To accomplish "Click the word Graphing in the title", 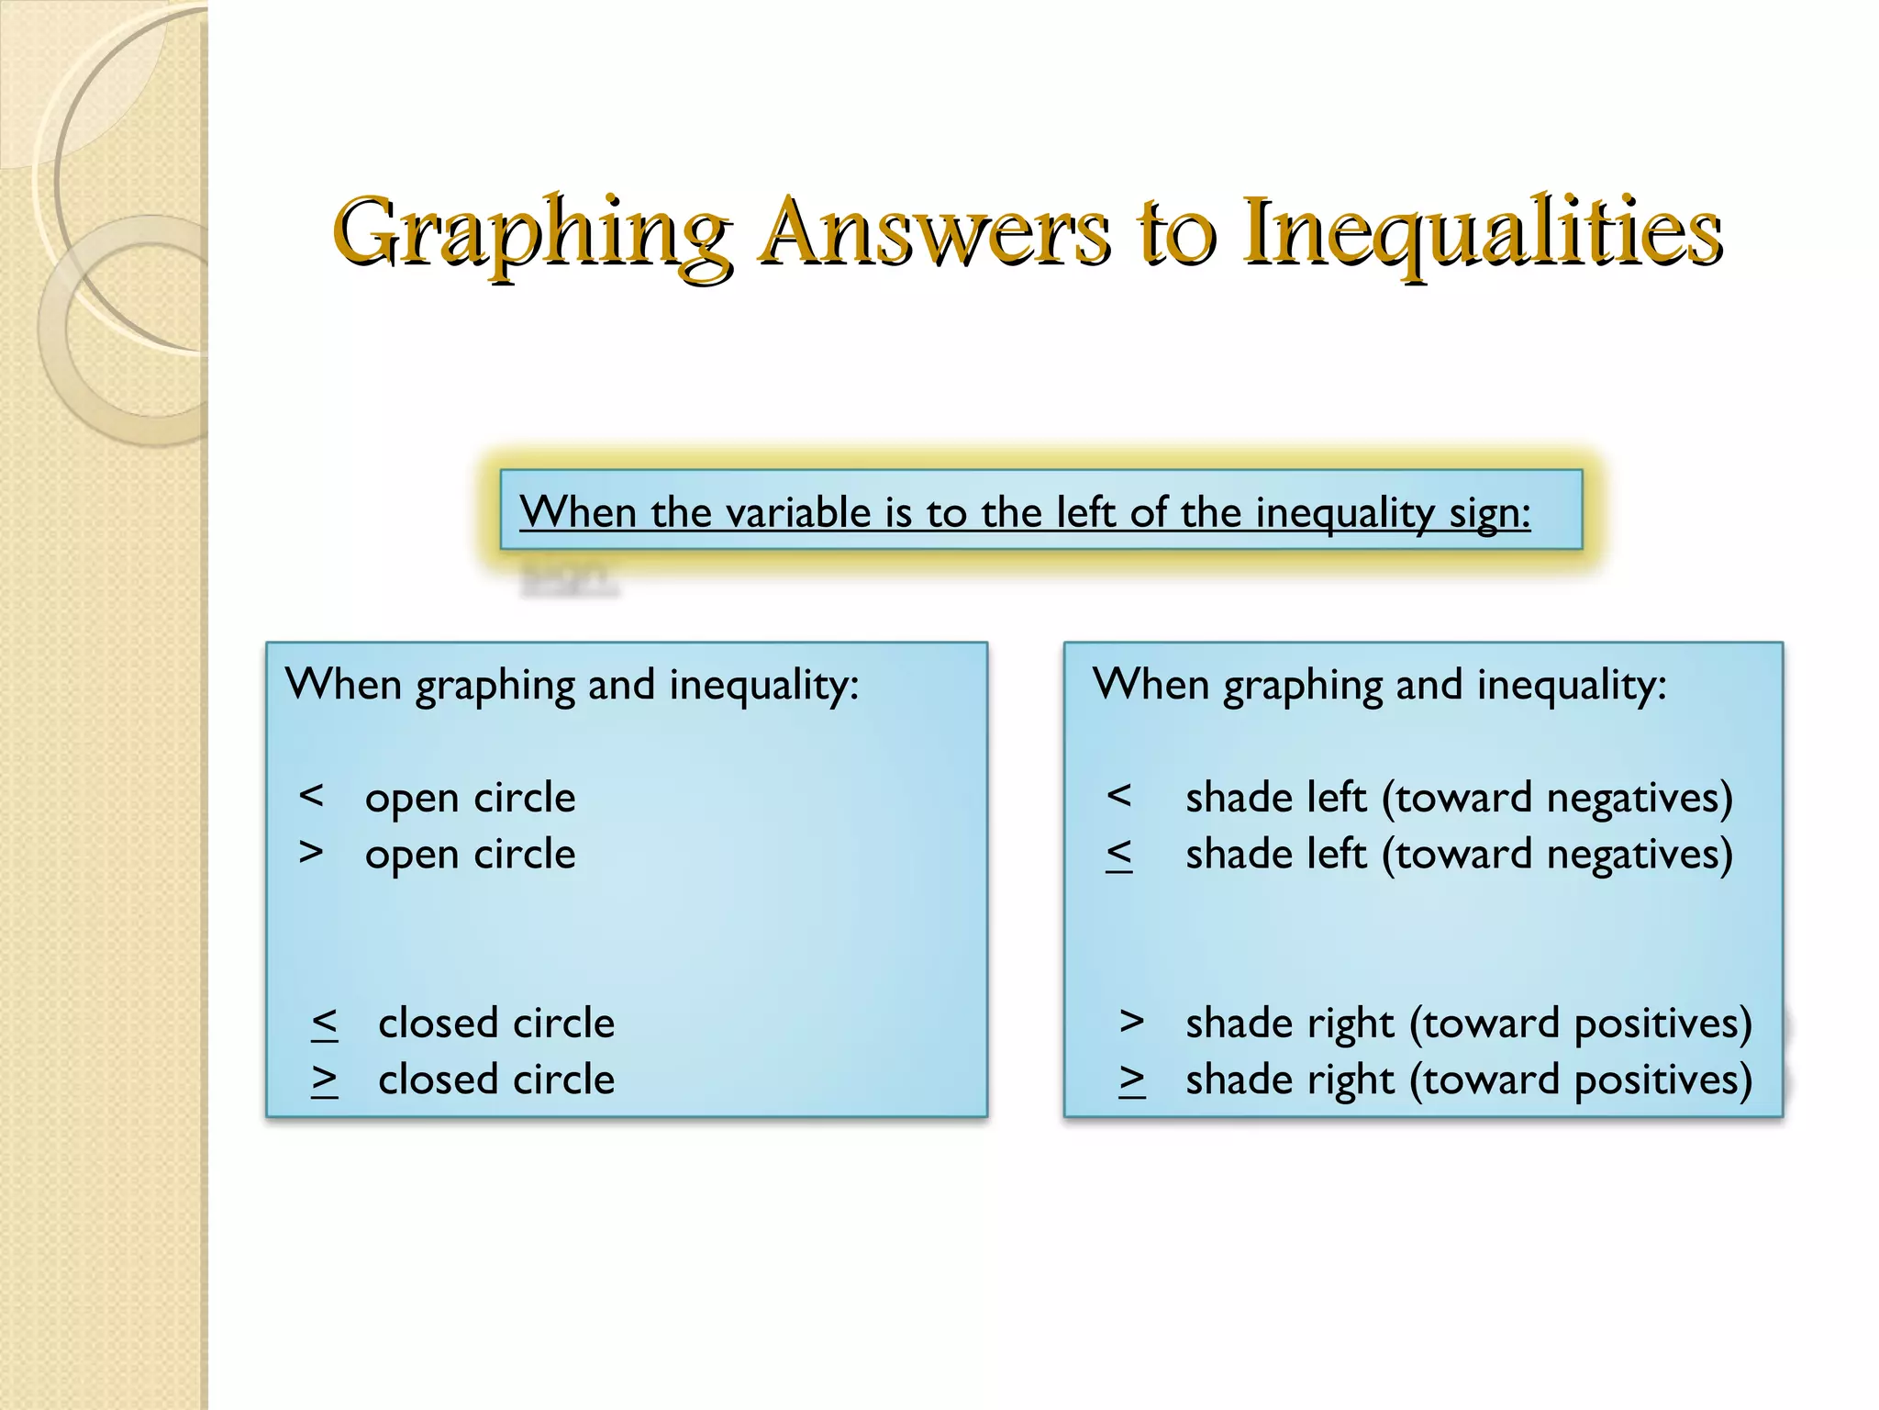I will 532,231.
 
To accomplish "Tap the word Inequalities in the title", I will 1482,231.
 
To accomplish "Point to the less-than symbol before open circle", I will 311,796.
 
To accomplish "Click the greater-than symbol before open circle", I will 311,853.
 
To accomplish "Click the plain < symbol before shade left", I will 1118,796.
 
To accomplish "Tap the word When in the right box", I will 1151,685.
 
